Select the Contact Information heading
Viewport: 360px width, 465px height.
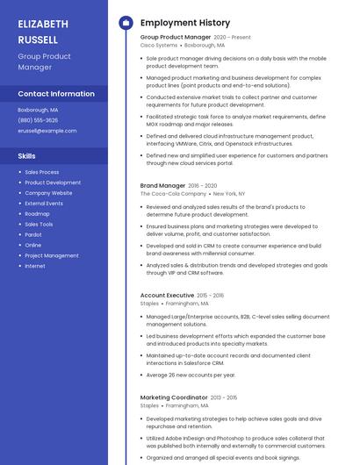point(56,94)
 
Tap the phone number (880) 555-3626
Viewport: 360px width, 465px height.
point(38,120)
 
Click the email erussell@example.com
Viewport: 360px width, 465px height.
point(47,131)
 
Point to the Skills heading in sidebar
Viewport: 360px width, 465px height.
point(27,155)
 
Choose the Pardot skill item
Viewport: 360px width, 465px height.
point(33,234)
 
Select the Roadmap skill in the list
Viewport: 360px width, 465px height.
point(37,214)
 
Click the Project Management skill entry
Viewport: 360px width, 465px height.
point(52,255)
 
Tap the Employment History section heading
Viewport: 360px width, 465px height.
point(185,23)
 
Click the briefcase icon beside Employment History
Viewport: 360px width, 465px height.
point(126,23)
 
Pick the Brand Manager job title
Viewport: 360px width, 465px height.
point(162,186)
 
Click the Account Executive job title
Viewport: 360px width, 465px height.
point(167,296)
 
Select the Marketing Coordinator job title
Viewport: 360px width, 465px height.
point(174,397)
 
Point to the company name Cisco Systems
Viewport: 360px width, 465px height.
point(159,45)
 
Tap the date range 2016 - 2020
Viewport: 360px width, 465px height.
point(202,186)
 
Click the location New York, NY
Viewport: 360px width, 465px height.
point(229,193)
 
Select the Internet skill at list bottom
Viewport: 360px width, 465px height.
point(35,266)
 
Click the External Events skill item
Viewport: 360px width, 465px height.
point(44,204)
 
